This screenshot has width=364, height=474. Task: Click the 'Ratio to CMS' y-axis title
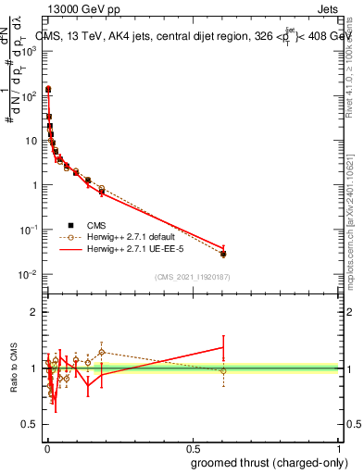(15, 368)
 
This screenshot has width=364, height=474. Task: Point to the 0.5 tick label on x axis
(193, 447)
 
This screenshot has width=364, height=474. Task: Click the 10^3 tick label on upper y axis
(31, 51)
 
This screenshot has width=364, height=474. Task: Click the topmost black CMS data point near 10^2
(48, 90)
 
